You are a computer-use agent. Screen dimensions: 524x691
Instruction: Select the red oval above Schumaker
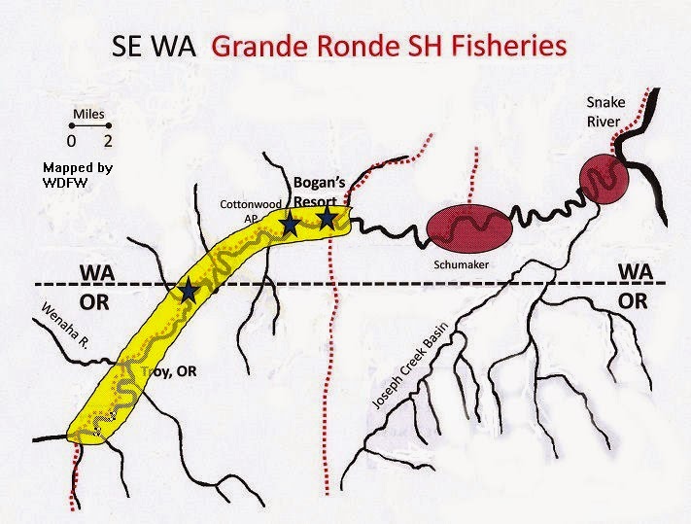point(468,229)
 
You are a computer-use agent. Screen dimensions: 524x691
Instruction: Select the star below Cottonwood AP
point(290,226)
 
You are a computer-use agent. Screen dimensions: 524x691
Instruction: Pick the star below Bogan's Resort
point(328,219)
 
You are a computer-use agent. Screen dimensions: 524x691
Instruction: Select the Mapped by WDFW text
point(78,174)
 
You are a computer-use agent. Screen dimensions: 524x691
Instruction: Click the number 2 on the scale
point(110,142)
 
